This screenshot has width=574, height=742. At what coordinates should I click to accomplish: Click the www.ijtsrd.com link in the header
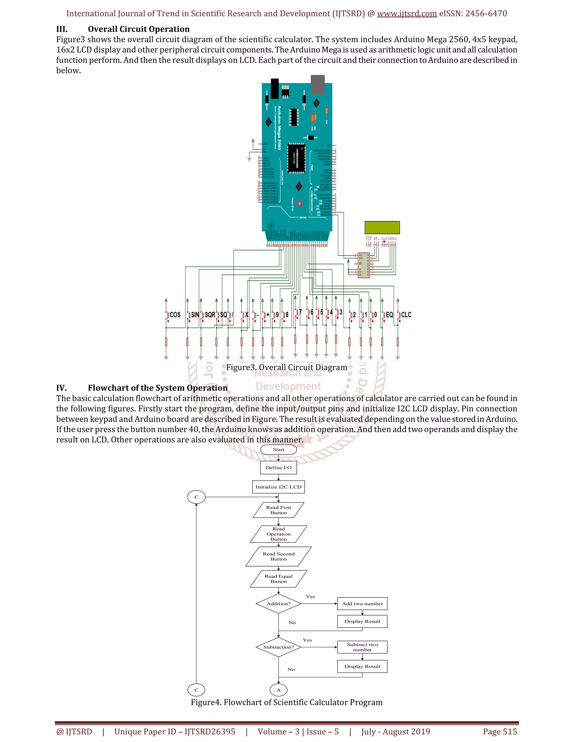(407, 14)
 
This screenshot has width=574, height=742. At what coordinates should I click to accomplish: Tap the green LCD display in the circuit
(382, 227)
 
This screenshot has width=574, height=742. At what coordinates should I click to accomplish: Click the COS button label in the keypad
(175, 315)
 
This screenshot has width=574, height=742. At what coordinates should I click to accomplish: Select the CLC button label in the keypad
(406, 315)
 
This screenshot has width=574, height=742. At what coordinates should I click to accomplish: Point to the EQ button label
(389, 315)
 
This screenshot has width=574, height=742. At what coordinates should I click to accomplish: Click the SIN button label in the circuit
(195, 315)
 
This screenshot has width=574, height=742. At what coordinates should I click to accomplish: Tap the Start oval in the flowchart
(279, 449)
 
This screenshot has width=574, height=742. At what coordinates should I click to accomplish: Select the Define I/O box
(279, 468)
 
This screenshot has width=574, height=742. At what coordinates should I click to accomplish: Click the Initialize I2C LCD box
(279, 487)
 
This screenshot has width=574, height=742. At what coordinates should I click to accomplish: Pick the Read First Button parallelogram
(279, 510)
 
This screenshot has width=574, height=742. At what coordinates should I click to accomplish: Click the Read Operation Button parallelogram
(279, 534)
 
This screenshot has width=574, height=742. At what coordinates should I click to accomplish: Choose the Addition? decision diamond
(279, 604)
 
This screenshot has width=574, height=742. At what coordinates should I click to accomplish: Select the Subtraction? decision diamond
(279, 647)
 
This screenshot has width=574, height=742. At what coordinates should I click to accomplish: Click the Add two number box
(362, 604)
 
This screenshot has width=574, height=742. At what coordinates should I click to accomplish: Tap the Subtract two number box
(362, 647)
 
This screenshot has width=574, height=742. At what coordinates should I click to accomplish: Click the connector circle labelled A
(279, 690)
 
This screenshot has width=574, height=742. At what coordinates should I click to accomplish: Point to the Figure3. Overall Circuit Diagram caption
(287, 367)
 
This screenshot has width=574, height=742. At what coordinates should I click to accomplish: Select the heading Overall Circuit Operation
(139, 29)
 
